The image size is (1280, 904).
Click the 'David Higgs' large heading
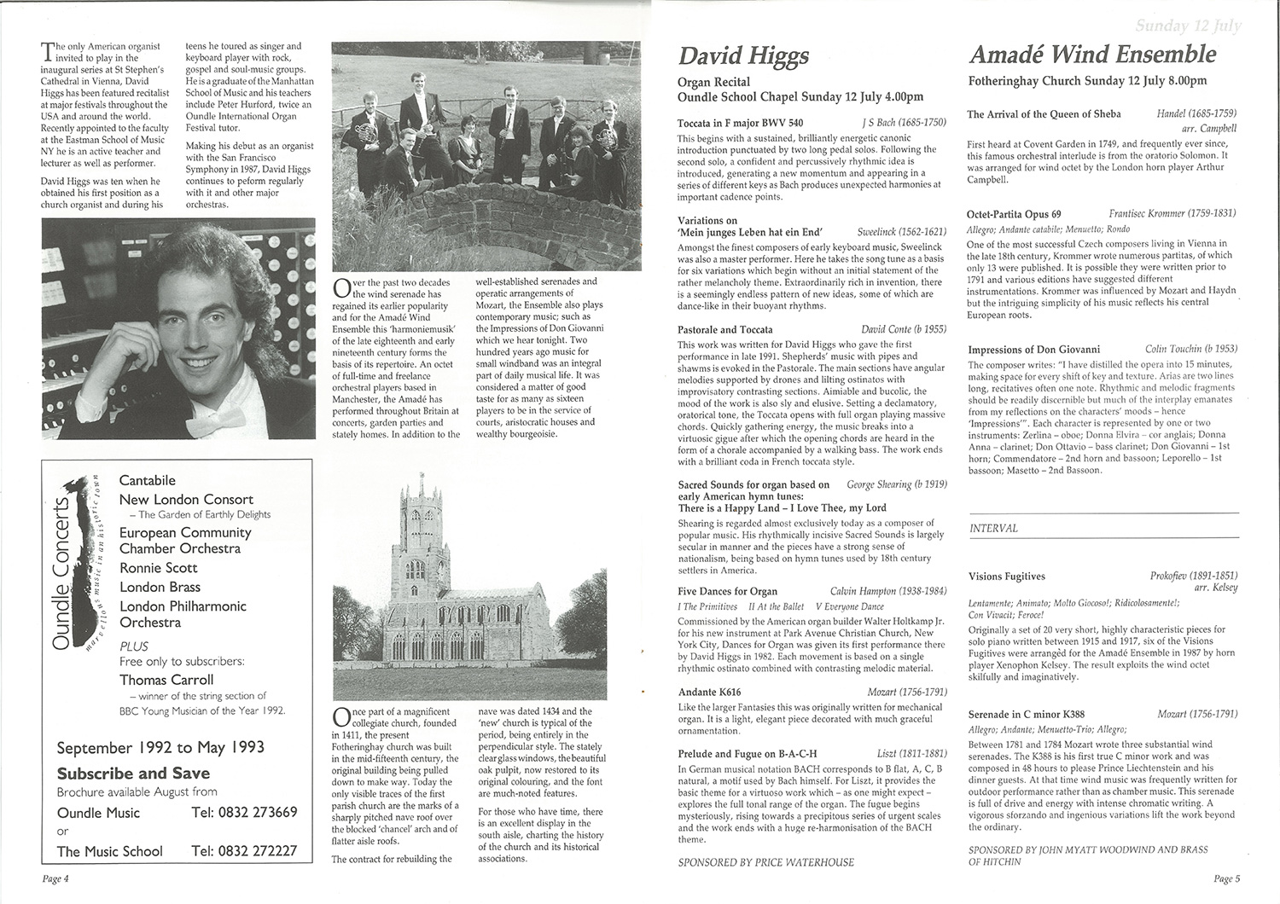click(743, 56)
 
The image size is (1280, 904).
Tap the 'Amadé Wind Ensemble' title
click(1092, 55)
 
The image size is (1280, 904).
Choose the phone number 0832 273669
click(245, 813)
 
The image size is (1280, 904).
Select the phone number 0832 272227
click(245, 851)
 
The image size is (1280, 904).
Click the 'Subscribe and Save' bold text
click(133, 774)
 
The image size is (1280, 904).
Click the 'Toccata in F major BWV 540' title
click(740, 123)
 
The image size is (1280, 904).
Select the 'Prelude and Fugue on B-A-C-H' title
click(748, 754)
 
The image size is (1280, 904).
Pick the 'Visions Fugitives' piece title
click(1007, 577)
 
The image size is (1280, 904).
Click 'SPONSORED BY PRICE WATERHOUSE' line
click(765, 862)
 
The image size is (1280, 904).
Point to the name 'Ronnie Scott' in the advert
click(159, 568)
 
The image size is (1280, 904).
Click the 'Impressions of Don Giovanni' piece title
click(1033, 349)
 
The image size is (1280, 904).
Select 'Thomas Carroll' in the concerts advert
click(166, 680)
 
